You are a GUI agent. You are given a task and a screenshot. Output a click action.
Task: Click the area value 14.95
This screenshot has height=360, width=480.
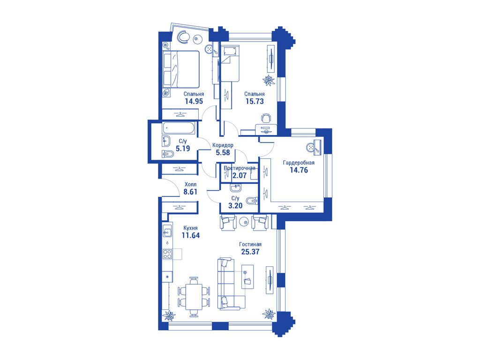point(194,101)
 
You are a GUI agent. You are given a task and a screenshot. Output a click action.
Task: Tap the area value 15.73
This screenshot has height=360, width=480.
point(255,101)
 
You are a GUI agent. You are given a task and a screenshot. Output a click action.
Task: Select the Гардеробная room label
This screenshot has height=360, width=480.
point(299,163)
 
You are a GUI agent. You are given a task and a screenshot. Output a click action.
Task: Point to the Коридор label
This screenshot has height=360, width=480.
point(223,145)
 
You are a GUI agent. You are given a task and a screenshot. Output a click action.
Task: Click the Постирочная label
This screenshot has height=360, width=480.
point(240,168)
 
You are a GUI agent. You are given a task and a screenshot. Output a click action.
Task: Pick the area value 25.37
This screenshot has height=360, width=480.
point(250,252)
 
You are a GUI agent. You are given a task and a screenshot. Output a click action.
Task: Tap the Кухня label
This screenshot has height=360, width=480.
point(190,228)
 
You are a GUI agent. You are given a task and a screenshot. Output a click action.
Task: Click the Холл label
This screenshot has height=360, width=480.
point(190,185)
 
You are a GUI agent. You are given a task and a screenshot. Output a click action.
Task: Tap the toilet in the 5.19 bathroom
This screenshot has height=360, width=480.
point(167,153)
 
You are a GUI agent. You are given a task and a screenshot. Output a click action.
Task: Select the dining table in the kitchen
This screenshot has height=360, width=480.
point(194,296)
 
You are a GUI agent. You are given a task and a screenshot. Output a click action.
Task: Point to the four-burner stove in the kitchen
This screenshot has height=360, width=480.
point(167,254)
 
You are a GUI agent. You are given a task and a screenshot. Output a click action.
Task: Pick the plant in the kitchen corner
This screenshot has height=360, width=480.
point(169,315)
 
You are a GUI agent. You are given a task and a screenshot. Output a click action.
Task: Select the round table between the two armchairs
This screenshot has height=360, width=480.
point(244,221)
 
